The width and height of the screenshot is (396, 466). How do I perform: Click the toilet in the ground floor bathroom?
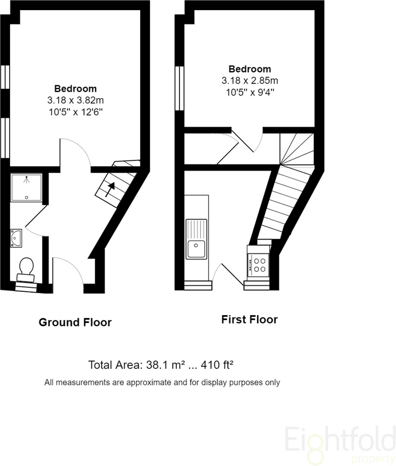(x=26, y=269)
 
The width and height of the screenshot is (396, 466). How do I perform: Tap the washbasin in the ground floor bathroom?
(x=16, y=238)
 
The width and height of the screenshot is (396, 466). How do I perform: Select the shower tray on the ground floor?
(x=26, y=188)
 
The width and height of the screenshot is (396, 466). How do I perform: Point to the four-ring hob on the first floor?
(x=258, y=265)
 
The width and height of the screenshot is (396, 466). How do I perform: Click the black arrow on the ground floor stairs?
(x=110, y=189)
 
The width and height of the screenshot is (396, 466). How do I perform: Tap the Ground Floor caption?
(x=75, y=322)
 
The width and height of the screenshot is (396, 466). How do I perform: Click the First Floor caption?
(x=250, y=320)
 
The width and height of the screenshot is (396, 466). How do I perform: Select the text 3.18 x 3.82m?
(x=76, y=100)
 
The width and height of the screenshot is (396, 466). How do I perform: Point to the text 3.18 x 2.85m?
(x=250, y=80)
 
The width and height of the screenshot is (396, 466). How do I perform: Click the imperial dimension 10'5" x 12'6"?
(x=76, y=112)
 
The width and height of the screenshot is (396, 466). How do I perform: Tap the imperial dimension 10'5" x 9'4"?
(x=250, y=92)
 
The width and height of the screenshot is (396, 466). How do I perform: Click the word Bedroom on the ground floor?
(x=76, y=89)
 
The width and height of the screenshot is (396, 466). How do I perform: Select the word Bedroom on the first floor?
(x=250, y=69)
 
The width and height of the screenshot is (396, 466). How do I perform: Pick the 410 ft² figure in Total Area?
(x=217, y=365)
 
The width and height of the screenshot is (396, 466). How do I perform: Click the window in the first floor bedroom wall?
(x=179, y=88)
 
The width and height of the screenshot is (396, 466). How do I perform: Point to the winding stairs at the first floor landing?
(x=297, y=149)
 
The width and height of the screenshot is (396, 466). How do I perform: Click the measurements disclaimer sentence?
(x=162, y=382)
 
